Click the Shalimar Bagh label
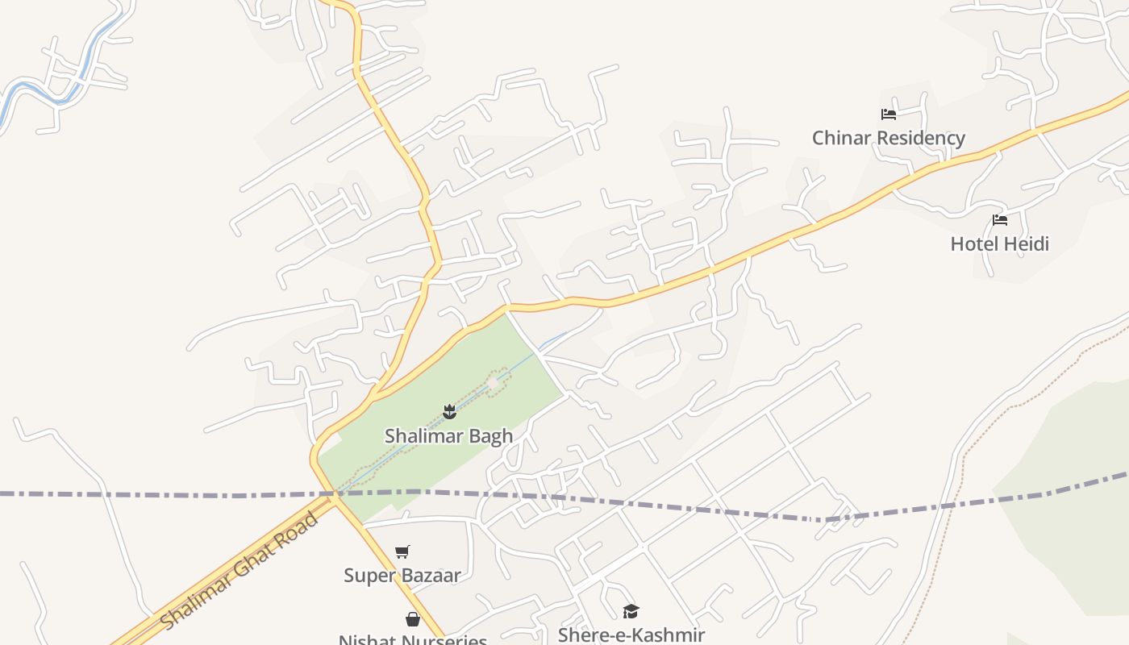(x=448, y=436)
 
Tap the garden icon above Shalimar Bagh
(x=450, y=413)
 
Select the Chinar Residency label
(x=888, y=138)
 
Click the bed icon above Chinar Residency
(x=889, y=114)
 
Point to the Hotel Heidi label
(x=999, y=243)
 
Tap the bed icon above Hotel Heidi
(x=1000, y=220)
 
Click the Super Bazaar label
(x=402, y=576)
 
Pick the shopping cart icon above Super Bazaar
(x=402, y=552)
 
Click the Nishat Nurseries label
(x=412, y=639)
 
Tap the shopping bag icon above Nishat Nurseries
(x=413, y=619)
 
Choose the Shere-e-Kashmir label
(x=631, y=635)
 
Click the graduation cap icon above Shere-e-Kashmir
(x=631, y=612)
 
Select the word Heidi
(x=1027, y=243)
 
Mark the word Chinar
(x=841, y=138)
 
